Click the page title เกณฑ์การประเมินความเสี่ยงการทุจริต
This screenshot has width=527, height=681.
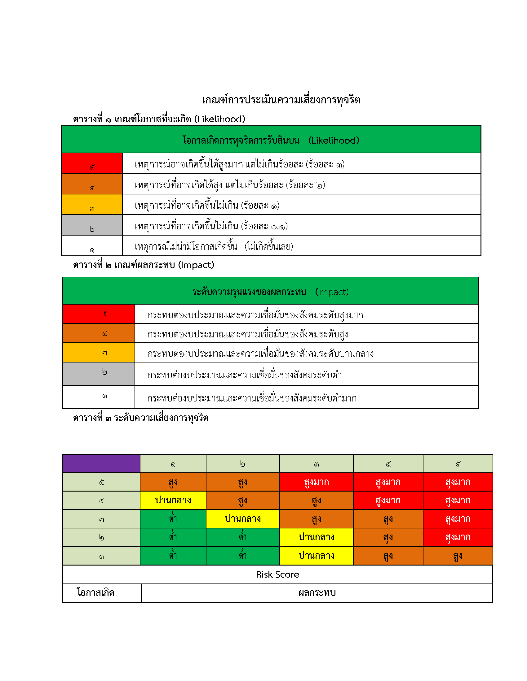[281, 100]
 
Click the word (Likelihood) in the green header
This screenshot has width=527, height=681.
[334, 140]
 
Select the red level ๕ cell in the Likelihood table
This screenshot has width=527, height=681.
[92, 163]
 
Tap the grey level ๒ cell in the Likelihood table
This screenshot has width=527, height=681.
[92, 225]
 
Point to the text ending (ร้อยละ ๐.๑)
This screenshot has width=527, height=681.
[211, 226]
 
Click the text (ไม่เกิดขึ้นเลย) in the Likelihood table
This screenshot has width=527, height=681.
[268, 246]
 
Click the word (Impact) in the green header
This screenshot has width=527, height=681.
[332, 292]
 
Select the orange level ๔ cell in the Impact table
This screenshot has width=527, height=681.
[99, 333]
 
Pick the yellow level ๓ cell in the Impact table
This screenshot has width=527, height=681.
[99, 353]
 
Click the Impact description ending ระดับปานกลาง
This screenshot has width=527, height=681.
[260, 354]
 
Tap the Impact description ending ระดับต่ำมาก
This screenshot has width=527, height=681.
[252, 398]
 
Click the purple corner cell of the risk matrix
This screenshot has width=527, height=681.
[101, 463]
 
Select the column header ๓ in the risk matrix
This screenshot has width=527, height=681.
[316, 464]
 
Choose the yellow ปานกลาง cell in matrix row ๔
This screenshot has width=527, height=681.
[173, 501]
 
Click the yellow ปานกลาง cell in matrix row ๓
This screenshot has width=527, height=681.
[243, 519]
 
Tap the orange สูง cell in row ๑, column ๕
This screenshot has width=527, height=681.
[458, 556]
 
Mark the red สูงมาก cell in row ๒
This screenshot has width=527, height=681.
[458, 537]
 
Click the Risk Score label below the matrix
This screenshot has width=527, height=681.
[277, 574]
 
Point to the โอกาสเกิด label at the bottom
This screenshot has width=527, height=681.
[96, 592]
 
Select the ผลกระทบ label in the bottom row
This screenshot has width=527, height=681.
[317, 593]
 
